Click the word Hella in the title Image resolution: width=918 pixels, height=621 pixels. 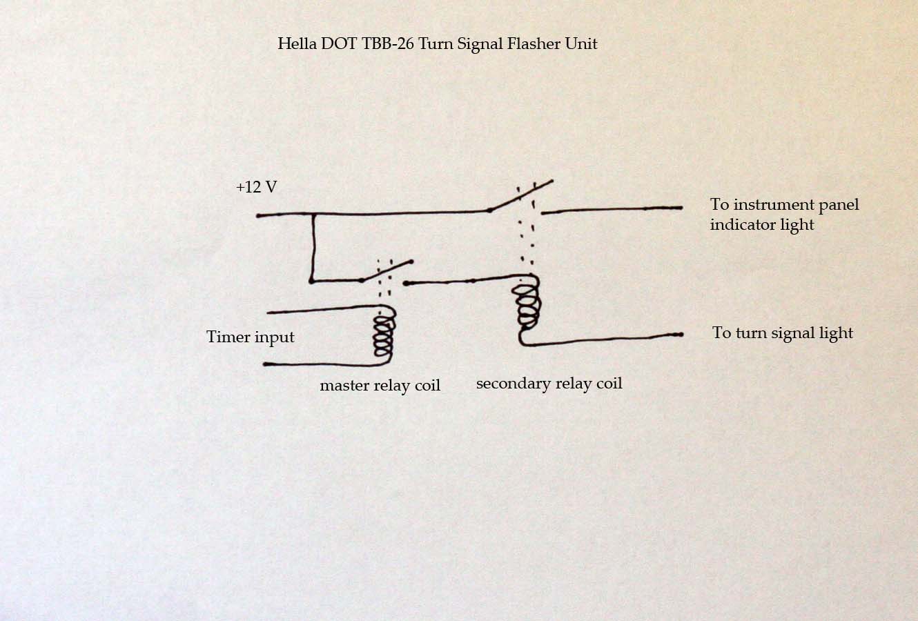[x=294, y=43]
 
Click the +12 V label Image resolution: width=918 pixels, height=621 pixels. [x=256, y=187]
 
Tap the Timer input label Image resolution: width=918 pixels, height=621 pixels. [x=250, y=337]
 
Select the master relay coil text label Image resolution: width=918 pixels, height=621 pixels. [x=380, y=386]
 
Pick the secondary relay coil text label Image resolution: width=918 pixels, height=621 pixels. [x=549, y=384]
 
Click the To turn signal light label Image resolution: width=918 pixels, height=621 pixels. [x=782, y=333]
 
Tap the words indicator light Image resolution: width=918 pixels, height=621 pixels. [x=762, y=225]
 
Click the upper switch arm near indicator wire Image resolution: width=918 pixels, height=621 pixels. [x=521, y=195]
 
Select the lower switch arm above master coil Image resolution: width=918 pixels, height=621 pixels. [x=387, y=271]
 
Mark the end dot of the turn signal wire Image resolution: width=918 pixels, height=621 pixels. [x=680, y=335]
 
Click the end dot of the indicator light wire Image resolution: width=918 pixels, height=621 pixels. [x=680, y=207]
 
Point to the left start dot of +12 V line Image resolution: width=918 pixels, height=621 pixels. [x=259, y=216]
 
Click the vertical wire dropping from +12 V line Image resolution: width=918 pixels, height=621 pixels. [x=313, y=248]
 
